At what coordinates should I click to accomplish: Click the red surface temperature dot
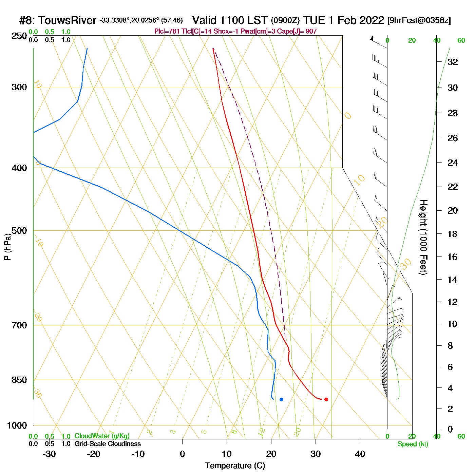pyautogui.click(x=326, y=399)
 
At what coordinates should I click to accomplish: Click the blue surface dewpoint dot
pyautogui.click(x=281, y=399)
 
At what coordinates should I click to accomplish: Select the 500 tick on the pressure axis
pyautogui.click(x=19, y=231)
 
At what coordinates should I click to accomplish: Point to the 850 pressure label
pyautogui.click(x=19, y=380)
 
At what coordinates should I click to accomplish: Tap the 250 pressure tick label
pyautogui.click(x=19, y=36)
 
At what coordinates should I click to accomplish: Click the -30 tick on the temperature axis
pyautogui.click(x=49, y=454)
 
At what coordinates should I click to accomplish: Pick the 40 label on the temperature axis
pyautogui.click(x=360, y=454)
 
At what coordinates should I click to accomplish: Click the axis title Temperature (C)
pyautogui.click(x=235, y=466)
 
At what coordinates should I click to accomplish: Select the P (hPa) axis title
pyautogui.click(x=7, y=247)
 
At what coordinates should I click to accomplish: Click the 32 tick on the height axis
pyautogui.click(x=453, y=62)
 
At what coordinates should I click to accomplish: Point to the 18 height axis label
pyautogui.click(x=453, y=234)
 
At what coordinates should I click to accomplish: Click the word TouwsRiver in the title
pyautogui.click(x=67, y=21)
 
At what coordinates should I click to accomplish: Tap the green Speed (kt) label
pyautogui.click(x=413, y=444)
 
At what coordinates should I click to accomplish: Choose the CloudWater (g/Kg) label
pyautogui.click(x=102, y=436)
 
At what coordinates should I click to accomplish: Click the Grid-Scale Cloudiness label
pyautogui.click(x=108, y=444)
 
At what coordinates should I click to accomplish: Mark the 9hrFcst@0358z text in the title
pyautogui.click(x=419, y=20)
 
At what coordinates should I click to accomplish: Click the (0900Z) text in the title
pyautogui.click(x=285, y=21)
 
